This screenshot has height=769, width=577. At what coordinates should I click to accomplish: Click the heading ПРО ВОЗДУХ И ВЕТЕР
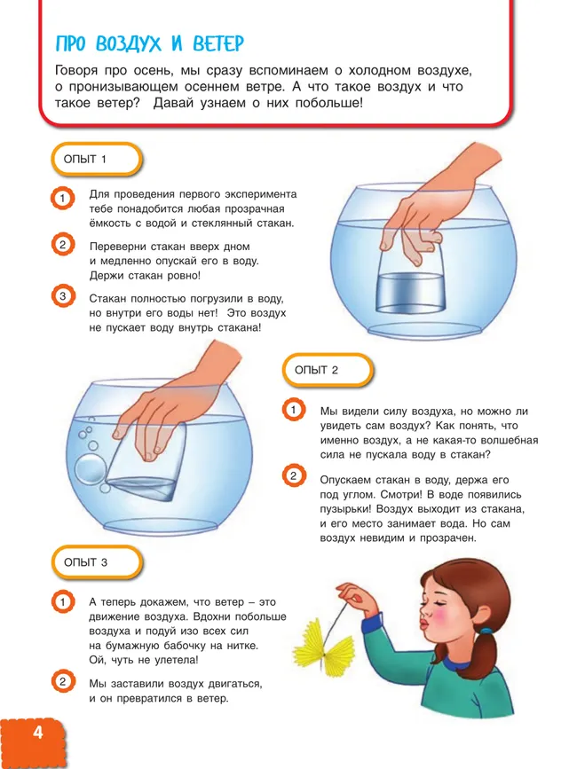(x=150, y=44)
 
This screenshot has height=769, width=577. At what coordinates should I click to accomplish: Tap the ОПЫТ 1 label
(x=85, y=160)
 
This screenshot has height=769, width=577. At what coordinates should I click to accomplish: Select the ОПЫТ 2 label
(x=317, y=370)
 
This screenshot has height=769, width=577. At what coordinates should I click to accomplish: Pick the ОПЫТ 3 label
(x=85, y=562)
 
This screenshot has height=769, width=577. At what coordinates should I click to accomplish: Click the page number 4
(x=38, y=733)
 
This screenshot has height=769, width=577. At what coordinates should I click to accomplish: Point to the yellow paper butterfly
(x=324, y=642)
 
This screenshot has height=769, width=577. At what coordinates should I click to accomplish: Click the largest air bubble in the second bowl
(x=90, y=468)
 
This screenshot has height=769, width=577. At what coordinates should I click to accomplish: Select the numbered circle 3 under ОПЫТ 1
(x=63, y=296)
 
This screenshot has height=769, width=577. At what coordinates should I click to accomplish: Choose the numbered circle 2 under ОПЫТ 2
(x=294, y=475)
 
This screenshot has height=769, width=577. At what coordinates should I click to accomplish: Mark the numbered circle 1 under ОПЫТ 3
(x=63, y=601)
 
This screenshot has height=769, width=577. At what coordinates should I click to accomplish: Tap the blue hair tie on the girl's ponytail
(x=486, y=632)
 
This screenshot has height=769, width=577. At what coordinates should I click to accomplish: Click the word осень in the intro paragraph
(x=154, y=71)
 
